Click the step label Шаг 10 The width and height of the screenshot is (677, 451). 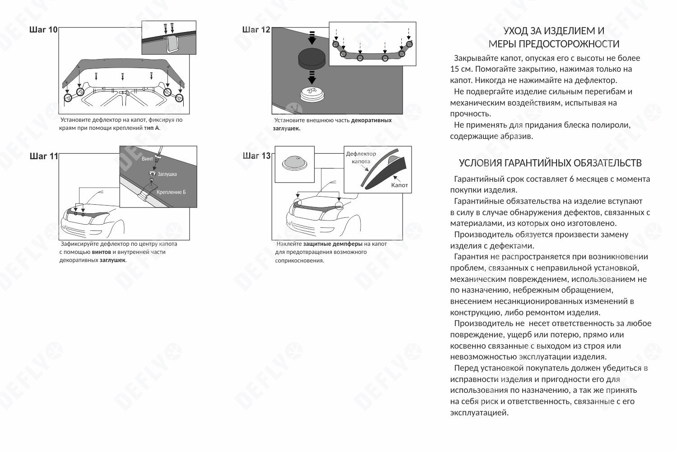pyautogui.click(x=43, y=30)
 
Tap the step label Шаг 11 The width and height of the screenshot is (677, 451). pyautogui.click(x=44, y=156)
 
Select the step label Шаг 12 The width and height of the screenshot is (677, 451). pyautogui.click(x=256, y=30)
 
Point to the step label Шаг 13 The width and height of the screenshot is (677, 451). pyautogui.click(x=256, y=156)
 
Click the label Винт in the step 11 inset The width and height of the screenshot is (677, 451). pyautogui.click(x=147, y=159)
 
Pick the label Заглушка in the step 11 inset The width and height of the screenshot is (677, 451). pyautogui.click(x=167, y=174)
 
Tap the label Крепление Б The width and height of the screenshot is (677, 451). pyautogui.click(x=171, y=192)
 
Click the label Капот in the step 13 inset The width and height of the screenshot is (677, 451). pyautogui.click(x=399, y=185)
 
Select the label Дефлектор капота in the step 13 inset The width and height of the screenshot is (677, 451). pyautogui.click(x=361, y=157)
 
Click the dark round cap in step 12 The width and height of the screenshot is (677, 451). pyautogui.click(x=311, y=59)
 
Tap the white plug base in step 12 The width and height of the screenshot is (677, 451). pyautogui.click(x=311, y=94)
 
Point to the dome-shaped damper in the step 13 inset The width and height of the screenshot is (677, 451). pyautogui.click(x=294, y=163)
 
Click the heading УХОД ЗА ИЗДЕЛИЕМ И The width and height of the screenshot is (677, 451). pyautogui.click(x=554, y=31)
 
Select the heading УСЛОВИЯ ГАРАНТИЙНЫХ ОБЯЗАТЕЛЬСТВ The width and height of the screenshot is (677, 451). pyautogui.click(x=550, y=163)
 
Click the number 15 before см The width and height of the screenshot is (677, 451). pyautogui.click(x=454, y=69)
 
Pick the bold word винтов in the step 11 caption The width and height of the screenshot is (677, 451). pyautogui.click(x=102, y=252)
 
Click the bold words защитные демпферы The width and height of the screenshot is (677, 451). pyautogui.click(x=333, y=244)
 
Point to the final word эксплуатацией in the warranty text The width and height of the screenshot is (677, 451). pyautogui.click(x=479, y=413)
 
